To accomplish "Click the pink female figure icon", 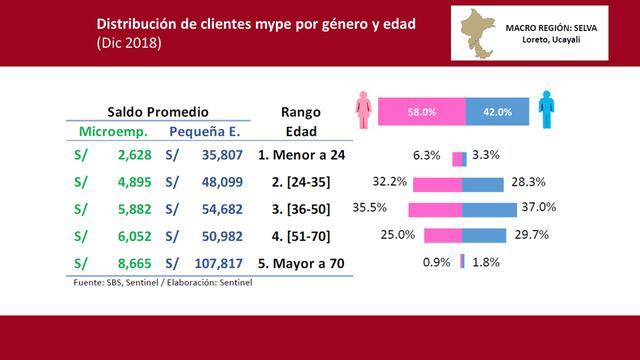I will point(363,111).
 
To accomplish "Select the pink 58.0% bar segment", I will point(421,112).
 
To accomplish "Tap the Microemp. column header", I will point(113,132).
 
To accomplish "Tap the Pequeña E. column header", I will point(205,132).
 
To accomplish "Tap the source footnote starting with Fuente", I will point(163,283).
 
